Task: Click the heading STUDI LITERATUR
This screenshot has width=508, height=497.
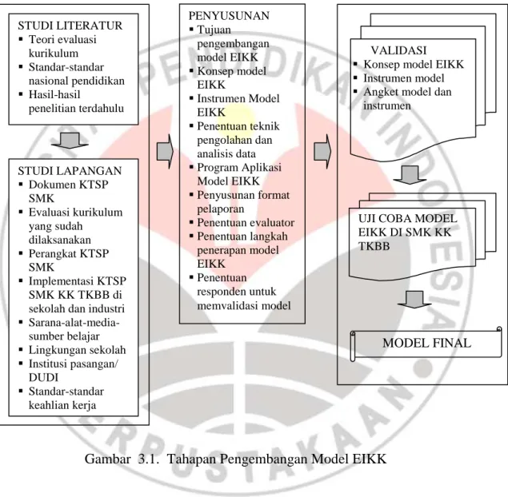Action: coord(70,26)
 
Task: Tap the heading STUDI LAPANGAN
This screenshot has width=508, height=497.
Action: coord(70,170)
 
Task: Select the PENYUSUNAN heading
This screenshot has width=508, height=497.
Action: coord(229,15)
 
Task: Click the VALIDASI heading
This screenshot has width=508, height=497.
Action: coord(398,50)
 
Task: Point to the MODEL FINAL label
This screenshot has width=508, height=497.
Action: coord(426,343)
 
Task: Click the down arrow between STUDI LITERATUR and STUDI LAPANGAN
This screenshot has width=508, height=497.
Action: coord(70,141)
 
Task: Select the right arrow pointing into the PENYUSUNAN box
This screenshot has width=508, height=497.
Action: coord(166,152)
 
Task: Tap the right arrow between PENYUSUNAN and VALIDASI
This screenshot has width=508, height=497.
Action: coord(322,152)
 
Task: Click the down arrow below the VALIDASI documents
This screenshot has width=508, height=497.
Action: coord(410,175)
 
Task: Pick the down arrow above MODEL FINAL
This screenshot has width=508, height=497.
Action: coord(414,300)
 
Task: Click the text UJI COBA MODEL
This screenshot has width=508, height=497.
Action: coord(407,218)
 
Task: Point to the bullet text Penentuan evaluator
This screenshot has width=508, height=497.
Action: coord(246,223)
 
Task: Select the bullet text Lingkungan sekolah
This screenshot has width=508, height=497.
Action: coord(77,350)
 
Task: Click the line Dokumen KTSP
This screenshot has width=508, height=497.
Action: coord(68,185)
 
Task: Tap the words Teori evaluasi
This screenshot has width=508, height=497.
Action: coord(62,39)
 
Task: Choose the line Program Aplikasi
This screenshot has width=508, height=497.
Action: coord(239,167)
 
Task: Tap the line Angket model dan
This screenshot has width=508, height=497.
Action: coord(407,92)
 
